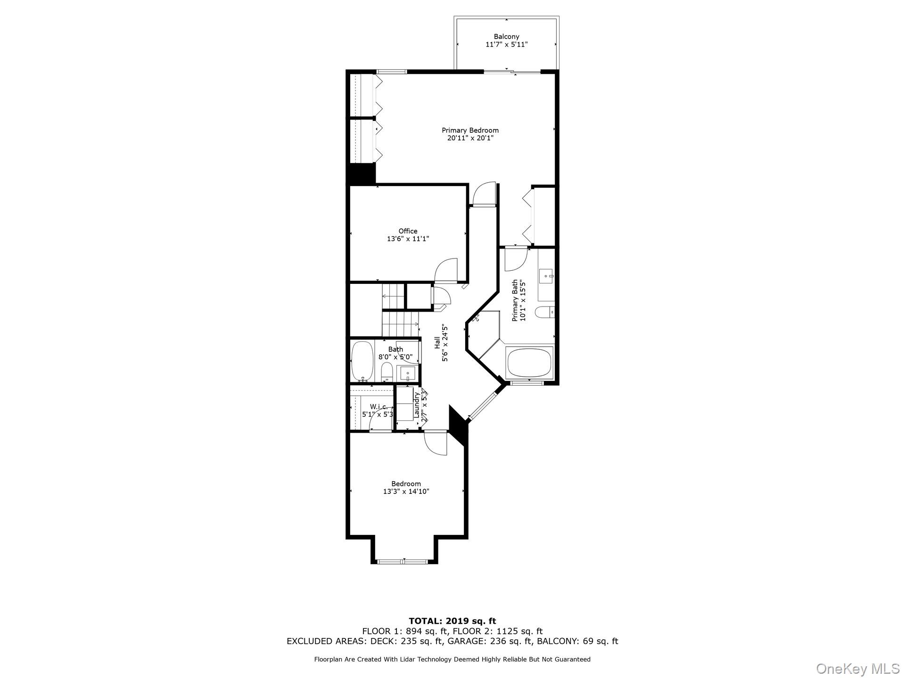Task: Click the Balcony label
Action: [x=506, y=37]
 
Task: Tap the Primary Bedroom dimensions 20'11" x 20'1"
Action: [x=470, y=138]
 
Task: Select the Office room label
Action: [x=408, y=231]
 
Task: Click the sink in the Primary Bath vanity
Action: [x=547, y=274]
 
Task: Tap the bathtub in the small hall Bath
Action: [x=362, y=362]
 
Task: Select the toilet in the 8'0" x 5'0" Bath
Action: [x=387, y=372]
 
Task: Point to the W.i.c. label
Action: [x=378, y=407]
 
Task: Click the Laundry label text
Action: [x=417, y=405]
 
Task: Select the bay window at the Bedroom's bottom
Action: [x=403, y=561]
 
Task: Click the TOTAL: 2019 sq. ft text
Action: [x=452, y=621]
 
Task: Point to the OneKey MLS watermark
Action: [x=857, y=668]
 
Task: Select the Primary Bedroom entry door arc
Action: [x=484, y=194]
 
